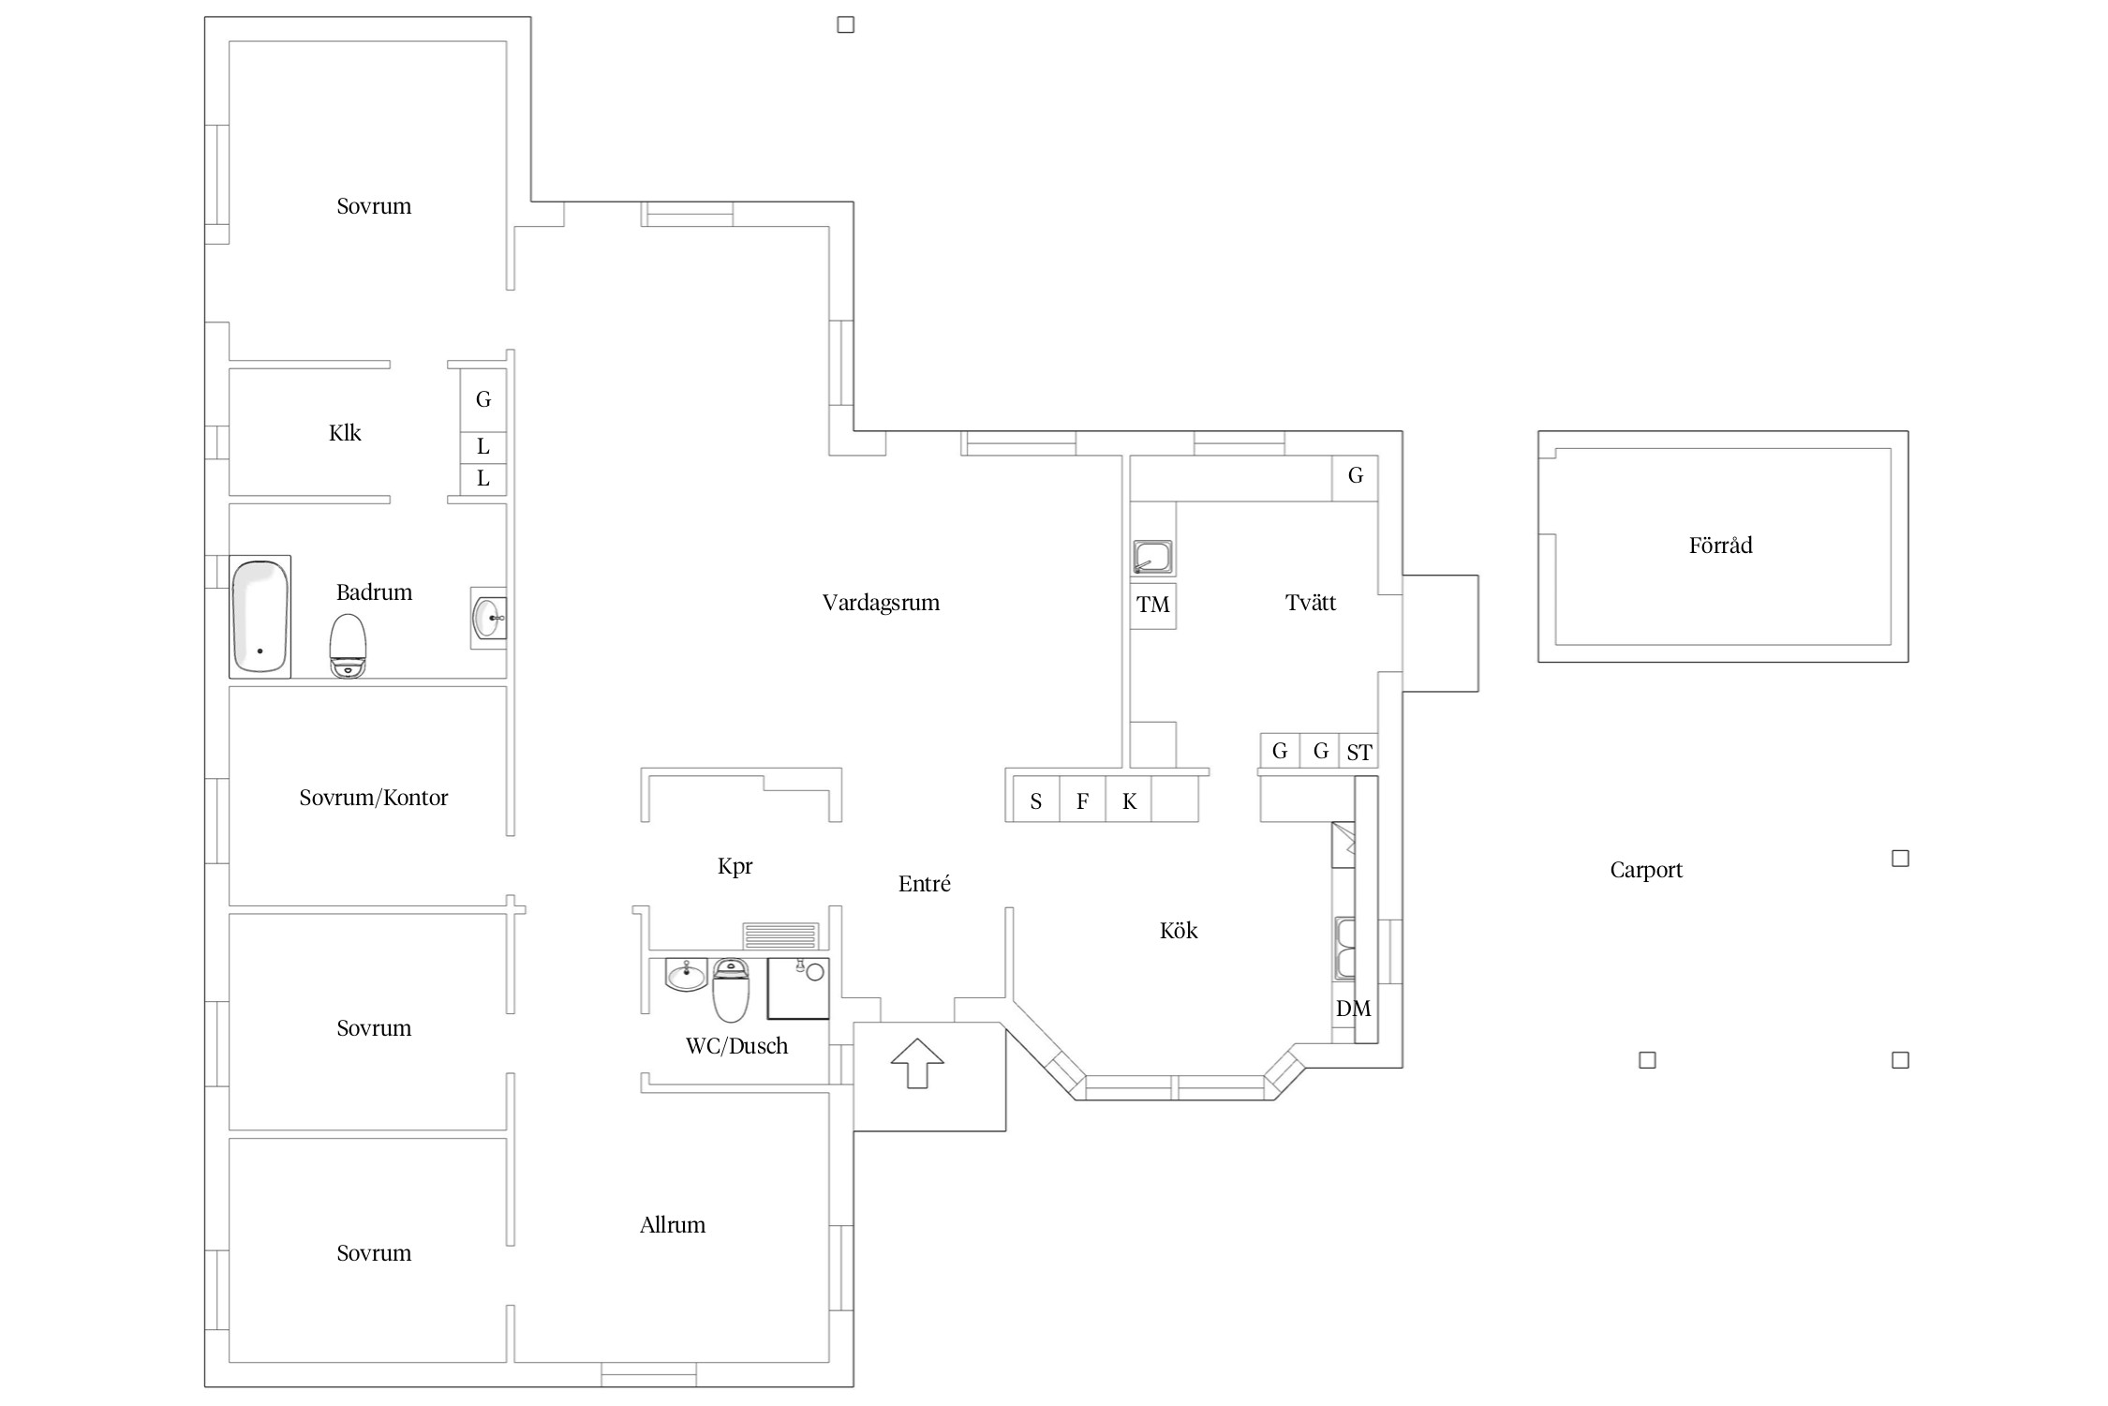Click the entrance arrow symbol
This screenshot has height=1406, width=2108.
(x=916, y=1063)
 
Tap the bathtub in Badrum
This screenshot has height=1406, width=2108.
(x=260, y=617)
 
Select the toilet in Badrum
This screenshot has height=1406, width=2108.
(x=348, y=645)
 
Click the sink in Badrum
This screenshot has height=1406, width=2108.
(x=488, y=618)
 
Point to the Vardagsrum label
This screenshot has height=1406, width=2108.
(x=881, y=603)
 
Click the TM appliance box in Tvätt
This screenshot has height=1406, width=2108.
(x=1152, y=605)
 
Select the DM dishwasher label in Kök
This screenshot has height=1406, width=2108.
(x=1354, y=1009)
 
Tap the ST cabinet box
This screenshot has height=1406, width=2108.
(x=1358, y=751)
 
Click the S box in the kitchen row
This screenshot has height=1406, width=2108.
(x=1036, y=800)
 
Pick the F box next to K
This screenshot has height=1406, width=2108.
(x=1082, y=800)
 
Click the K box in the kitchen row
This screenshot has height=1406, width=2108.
(x=1129, y=800)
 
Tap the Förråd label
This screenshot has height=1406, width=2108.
(x=1720, y=546)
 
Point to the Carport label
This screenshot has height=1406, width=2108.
(x=1646, y=870)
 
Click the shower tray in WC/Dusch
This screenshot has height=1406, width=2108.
(x=798, y=988)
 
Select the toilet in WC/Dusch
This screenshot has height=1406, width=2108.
(x=731, y=990)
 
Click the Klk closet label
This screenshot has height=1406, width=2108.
(x=345, y=433)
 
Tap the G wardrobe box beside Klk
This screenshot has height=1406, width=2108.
(x=483, y=399)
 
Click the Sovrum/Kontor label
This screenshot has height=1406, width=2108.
(x=374, y=798)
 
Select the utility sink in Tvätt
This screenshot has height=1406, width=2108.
(x=1152, y=557)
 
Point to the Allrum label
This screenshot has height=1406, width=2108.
(x=673, y=1225)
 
